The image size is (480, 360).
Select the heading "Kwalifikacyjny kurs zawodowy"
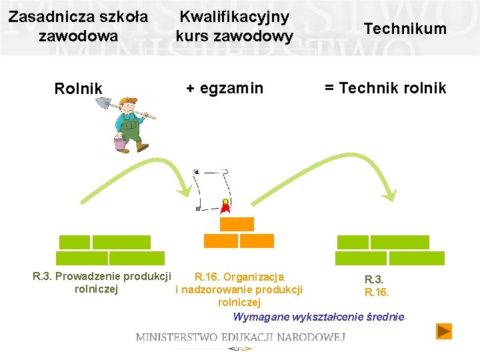point(234,25)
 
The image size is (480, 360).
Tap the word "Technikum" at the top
point(405,28)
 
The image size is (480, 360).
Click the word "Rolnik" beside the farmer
point(78,89)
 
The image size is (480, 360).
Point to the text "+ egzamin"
point(224,88)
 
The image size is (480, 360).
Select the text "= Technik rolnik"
point(385,88)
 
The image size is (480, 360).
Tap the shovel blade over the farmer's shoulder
point(103,104)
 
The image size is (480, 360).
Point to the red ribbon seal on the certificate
point(226,206)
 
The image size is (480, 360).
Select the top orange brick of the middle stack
point(237,224)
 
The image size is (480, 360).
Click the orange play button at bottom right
point(444,331)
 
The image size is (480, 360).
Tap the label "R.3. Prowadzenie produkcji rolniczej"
point(101,283)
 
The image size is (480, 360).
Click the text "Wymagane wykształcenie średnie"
point(318,317)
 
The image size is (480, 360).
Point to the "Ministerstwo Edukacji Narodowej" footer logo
point(240,337)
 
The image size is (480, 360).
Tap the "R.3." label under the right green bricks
point(373,280)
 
